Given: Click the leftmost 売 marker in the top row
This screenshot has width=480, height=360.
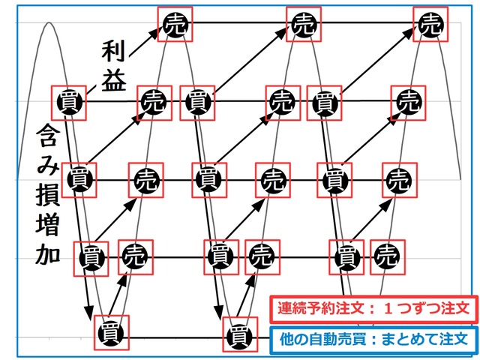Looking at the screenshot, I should [x=175, y=24].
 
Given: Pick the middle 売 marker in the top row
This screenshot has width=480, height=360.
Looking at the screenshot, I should [x=304, y=24].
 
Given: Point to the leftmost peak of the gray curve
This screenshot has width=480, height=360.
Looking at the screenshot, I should [x=49, y=23].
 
